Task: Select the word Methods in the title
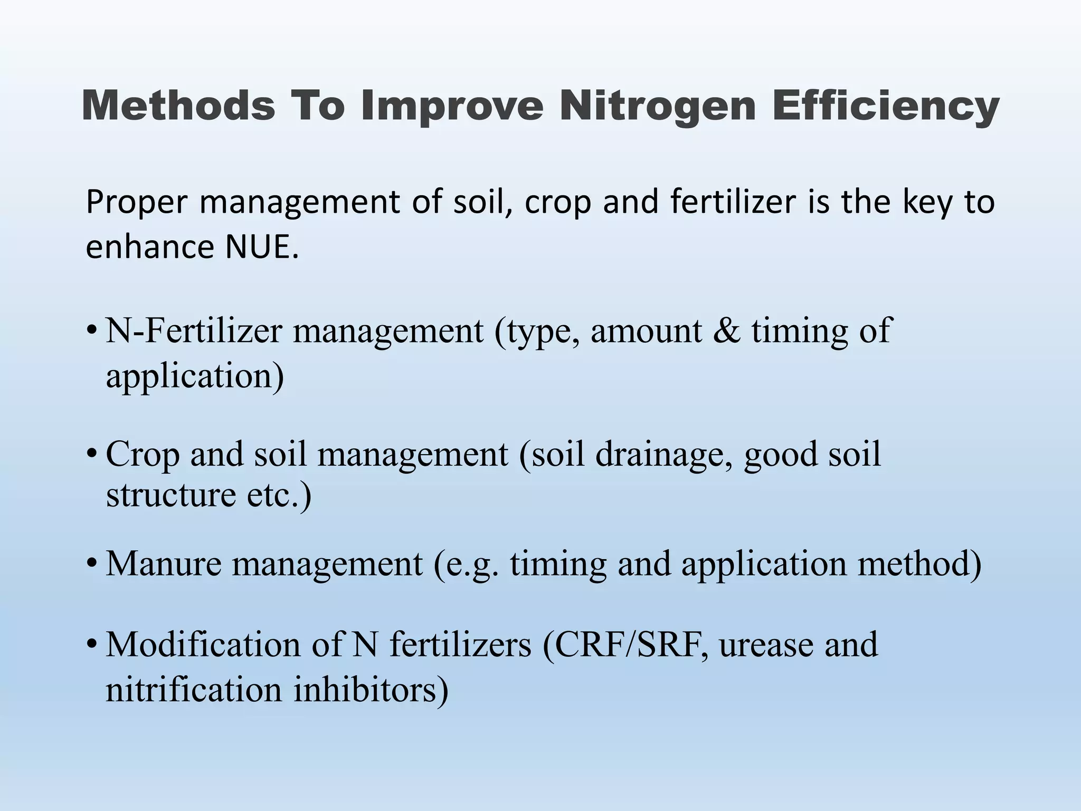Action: tap(178, 106)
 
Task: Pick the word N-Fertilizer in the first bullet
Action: tap(194, 331)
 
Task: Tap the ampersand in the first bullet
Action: tap(727, 331)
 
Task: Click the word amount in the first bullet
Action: tap(646, 332)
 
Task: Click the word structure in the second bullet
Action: tap(170, 495)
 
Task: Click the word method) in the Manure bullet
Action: tap(919, 563)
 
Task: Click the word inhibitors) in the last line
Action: tap(371, 690)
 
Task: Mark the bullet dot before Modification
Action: tap(92, 645)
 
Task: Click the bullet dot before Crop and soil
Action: tap(92, 454)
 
